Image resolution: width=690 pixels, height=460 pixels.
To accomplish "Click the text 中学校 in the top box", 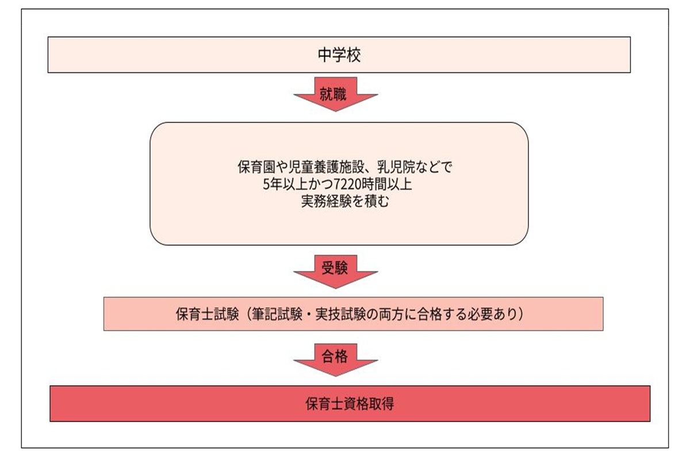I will tap(339, 55).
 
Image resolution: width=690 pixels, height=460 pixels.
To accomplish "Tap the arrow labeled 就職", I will tap(335, 95).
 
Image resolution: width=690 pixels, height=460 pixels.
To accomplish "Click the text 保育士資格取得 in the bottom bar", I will tap(350, 404).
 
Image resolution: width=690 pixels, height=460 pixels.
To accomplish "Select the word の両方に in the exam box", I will tap(387, 315).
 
